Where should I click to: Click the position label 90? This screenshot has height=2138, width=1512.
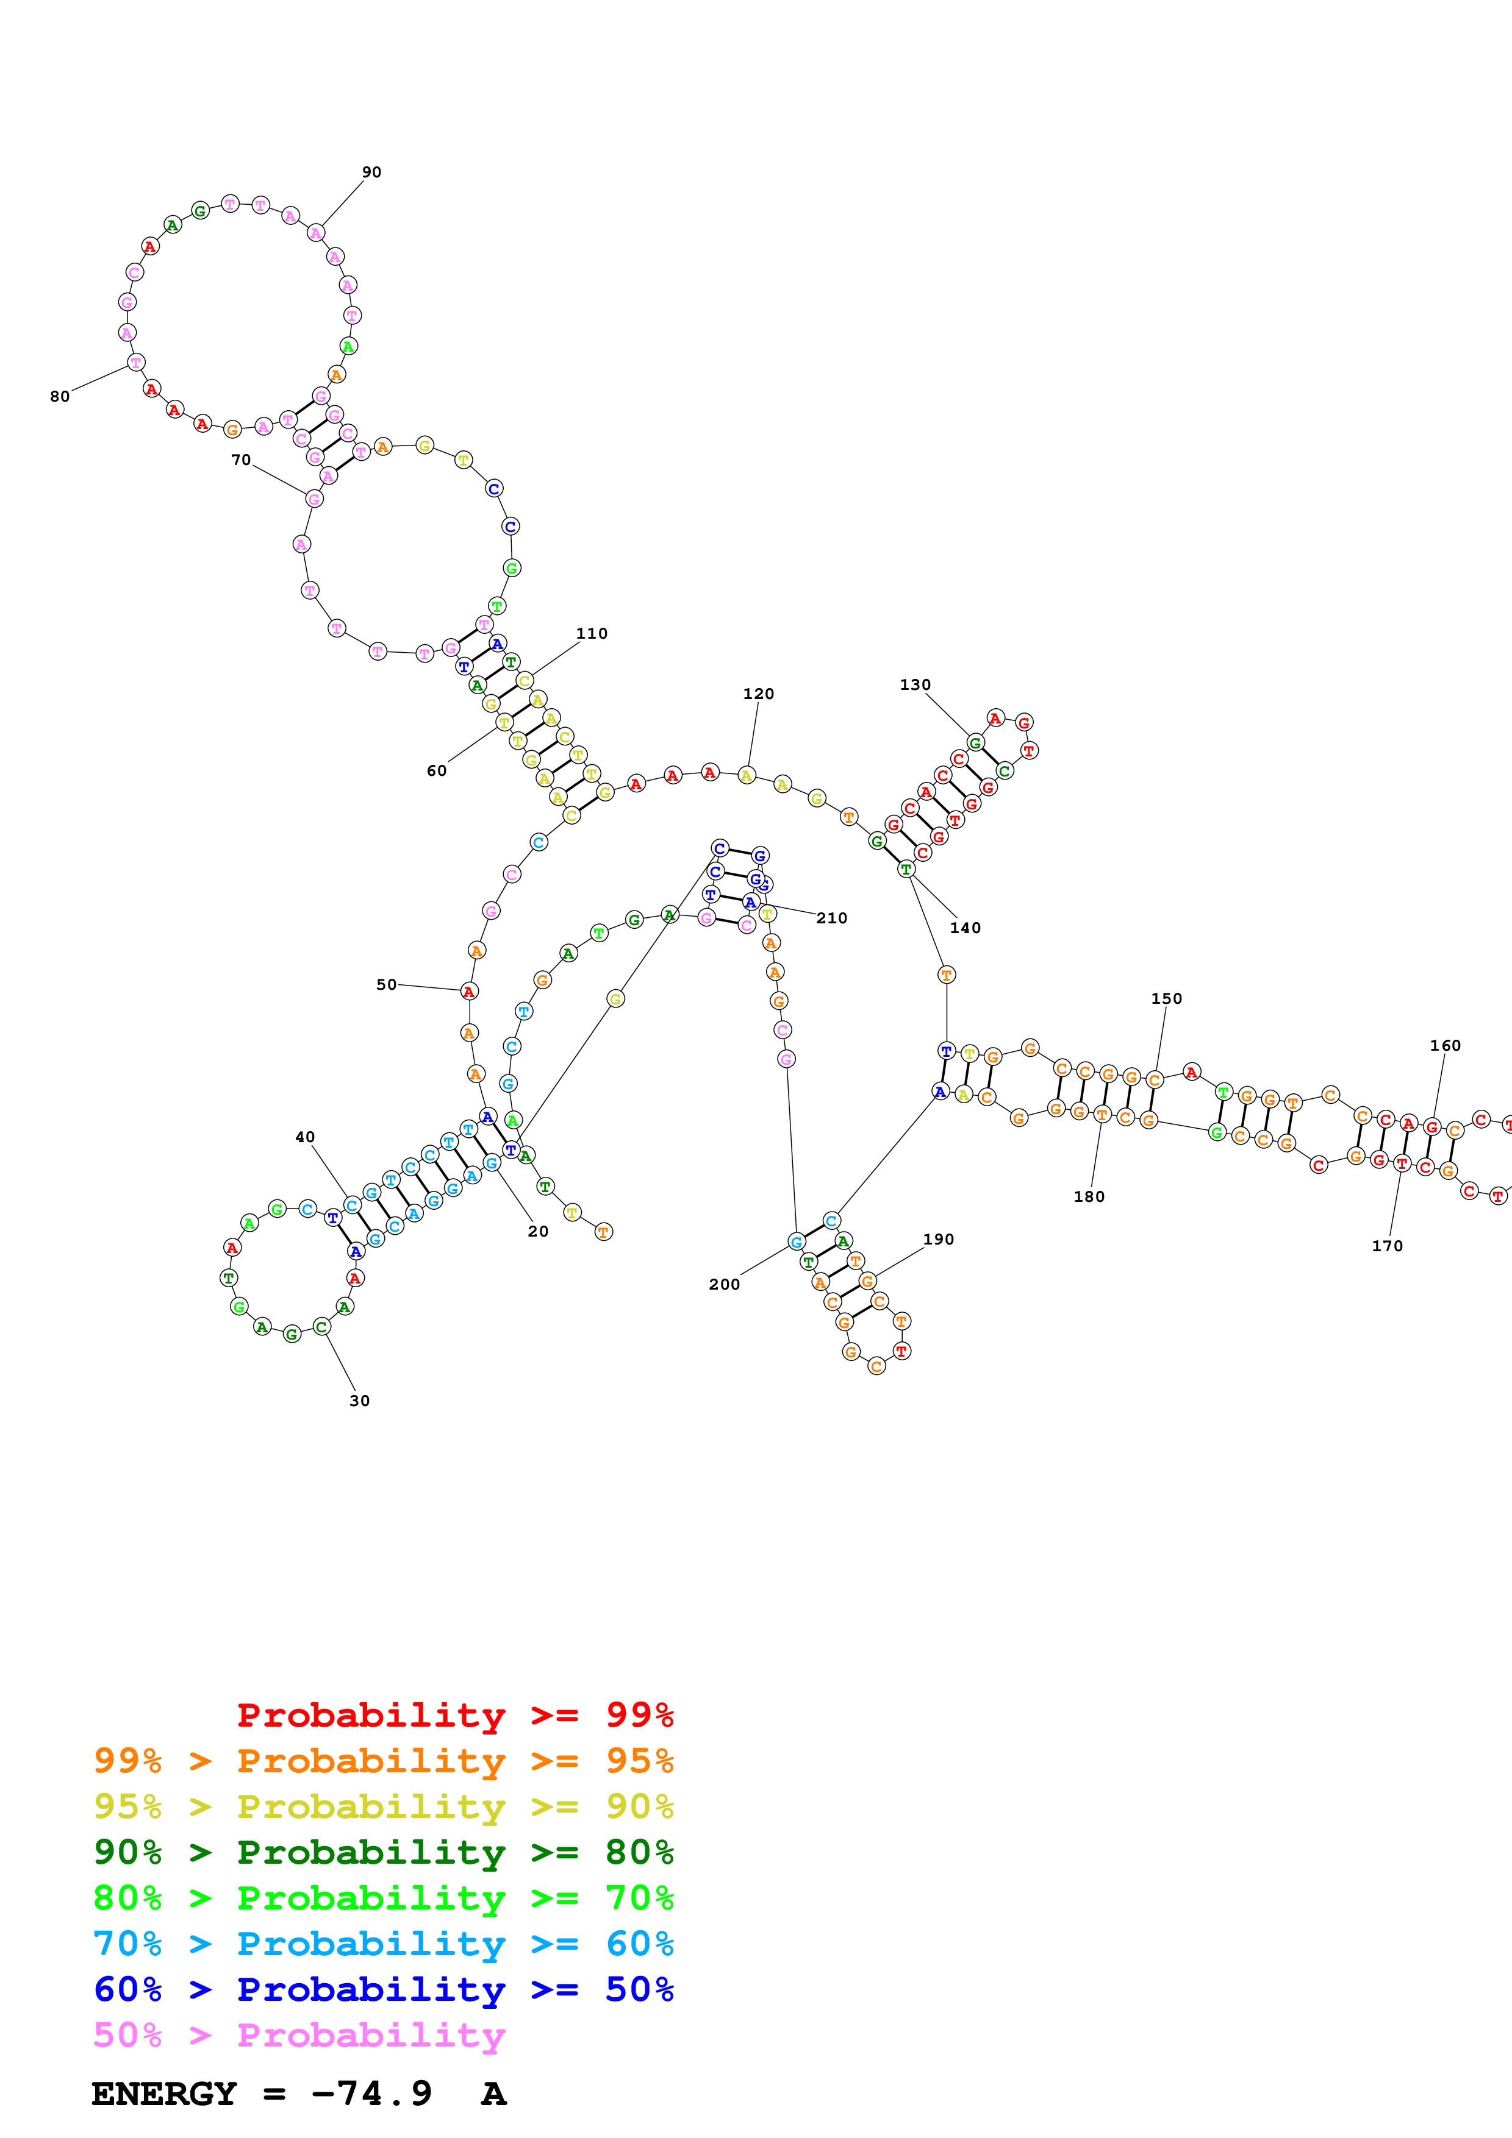click(371, 172)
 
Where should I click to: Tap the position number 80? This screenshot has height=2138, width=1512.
click(60, 397)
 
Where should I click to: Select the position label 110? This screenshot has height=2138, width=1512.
click(592, 633)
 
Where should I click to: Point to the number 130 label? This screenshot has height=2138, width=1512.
click(915, 684)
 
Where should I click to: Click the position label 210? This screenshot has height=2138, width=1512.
click(832, 918)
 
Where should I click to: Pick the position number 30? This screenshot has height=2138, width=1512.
click(360, 1401)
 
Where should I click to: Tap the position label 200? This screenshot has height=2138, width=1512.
click(724, 1284)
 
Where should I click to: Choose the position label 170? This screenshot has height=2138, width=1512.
click(1387, 1246)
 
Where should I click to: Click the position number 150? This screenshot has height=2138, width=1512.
click(1166, 998)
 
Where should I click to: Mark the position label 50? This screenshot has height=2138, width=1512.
click(387, 984)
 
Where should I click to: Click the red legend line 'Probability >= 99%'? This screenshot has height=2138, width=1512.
click(454, 1714)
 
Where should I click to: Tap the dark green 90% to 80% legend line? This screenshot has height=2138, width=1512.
click(383, 1852)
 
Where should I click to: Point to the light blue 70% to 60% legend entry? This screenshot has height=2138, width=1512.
click(383, 1944)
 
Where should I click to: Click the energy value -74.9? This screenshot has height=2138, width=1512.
click(371, 2094)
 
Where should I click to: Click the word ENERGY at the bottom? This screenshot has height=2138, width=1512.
click(164, 2094)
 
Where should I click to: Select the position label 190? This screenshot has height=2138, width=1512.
click(938, 1240)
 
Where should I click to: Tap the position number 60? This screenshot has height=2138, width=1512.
click(437, 771)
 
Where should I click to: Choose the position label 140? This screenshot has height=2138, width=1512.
click(965, 928)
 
